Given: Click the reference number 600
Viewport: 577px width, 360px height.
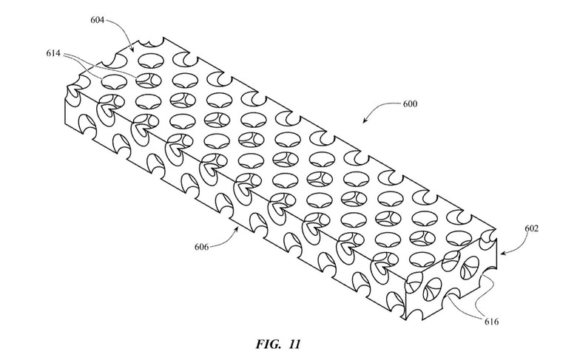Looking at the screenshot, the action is [410, 104].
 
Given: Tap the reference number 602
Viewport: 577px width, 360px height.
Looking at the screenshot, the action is [531, 228].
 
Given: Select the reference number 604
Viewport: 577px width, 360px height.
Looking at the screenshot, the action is [98, 20].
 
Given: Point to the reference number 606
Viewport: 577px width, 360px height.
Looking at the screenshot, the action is [202, 247].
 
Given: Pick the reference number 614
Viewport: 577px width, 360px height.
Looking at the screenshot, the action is [53, 53].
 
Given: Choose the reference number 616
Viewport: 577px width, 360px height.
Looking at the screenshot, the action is [492, 322].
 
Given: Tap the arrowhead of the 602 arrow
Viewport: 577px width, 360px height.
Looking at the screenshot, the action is [502, 253].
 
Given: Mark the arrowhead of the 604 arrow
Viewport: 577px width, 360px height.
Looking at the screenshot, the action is [133, 47].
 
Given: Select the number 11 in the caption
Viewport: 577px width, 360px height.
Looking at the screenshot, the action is [294, 344].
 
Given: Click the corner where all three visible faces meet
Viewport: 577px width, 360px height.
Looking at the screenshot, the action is [406, 282].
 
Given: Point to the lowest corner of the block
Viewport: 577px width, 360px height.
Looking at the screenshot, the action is [406, 319].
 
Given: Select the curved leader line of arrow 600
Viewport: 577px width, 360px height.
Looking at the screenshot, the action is [383, 107].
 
